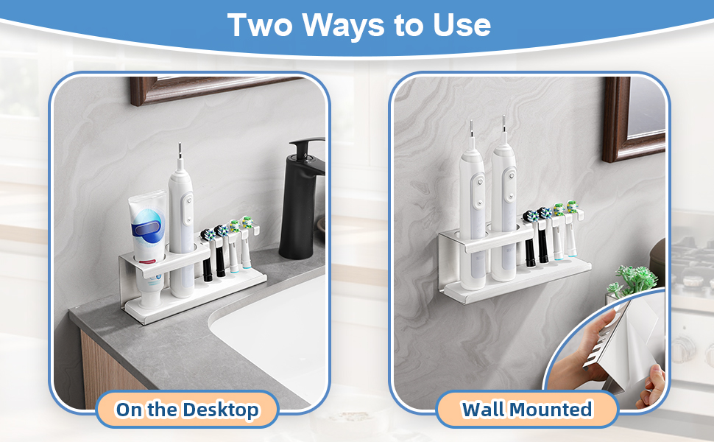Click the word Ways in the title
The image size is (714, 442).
(344, 25)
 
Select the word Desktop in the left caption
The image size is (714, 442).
(221, 410)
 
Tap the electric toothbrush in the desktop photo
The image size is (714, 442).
(181, 223)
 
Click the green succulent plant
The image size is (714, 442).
(633, 279)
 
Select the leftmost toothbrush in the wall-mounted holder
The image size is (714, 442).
(473, 207)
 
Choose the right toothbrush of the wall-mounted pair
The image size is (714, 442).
(503, 200)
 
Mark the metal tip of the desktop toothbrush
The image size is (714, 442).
(180, 150)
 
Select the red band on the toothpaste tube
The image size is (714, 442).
(146, 262)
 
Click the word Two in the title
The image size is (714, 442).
(260, 25)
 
